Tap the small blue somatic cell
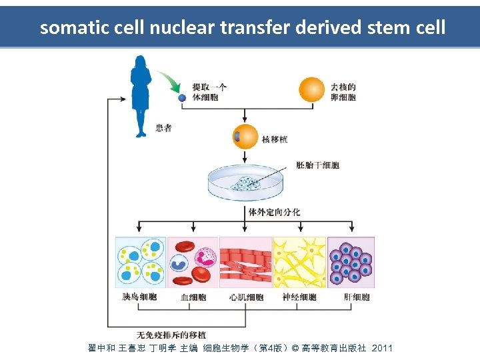click(x=182, y=97)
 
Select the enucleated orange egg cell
click(x=312, y=91)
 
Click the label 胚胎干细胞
click(x=318, y=165)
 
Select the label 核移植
click(x=275, y=139)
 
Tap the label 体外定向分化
click(x=274, y=212)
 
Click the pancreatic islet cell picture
click(x=141, y=262)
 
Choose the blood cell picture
click(x=193, y=262)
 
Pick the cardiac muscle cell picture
click(x=245, y=262)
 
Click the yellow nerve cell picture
click(x=299, y=262)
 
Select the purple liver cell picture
click(x=351, y=262)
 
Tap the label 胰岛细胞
click(x=140, y=297)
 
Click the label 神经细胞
click(x=299, y=297)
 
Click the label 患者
click(x=163, y=127)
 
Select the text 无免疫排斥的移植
click(x=171, y=335)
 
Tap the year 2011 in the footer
click(x=382, y=349)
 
